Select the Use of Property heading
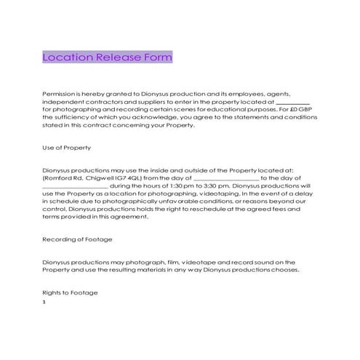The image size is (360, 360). pyautogui.click(x=66, y=148)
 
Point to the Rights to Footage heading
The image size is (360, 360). pyautogui.click(x=70, y=292)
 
